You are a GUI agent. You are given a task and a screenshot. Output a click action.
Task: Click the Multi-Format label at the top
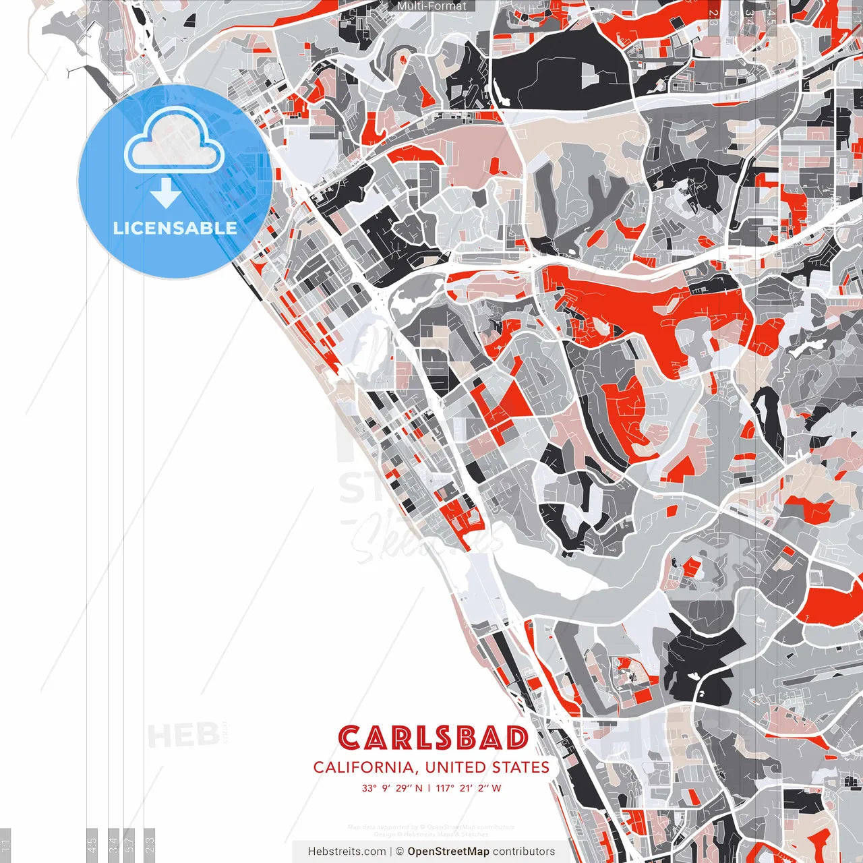(x=431, y=6)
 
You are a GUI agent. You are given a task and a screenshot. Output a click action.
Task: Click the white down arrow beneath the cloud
(x=165, y=194)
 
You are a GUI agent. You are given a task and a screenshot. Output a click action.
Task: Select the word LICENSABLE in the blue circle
(x=175, y=228)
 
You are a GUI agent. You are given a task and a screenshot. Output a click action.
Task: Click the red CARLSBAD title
(x=433, y=738)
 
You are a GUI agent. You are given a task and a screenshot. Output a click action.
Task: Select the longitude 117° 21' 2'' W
(x=469, y=788)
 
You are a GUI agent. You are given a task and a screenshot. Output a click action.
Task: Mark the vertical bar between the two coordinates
(x=429, y=788)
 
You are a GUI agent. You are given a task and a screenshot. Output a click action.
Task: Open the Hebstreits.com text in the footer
(x=347, y=852)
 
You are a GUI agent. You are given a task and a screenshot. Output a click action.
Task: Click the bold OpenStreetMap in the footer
(x=448, y=852)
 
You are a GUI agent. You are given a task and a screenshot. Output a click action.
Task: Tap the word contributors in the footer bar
(x=524, y=852)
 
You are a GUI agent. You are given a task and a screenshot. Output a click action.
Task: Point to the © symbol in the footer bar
(x=400, y=852)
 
